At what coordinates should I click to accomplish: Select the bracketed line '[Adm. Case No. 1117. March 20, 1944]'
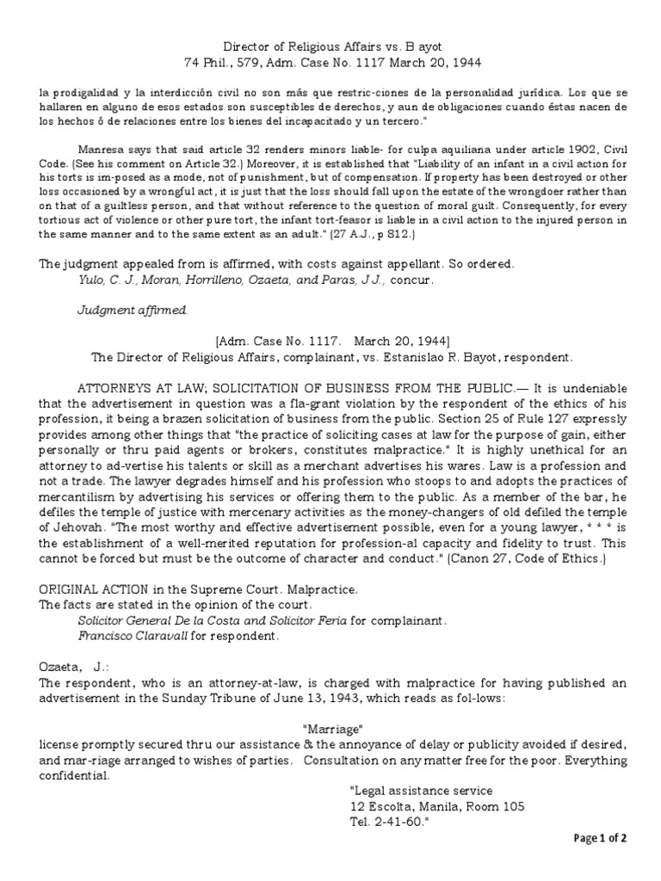330,341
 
